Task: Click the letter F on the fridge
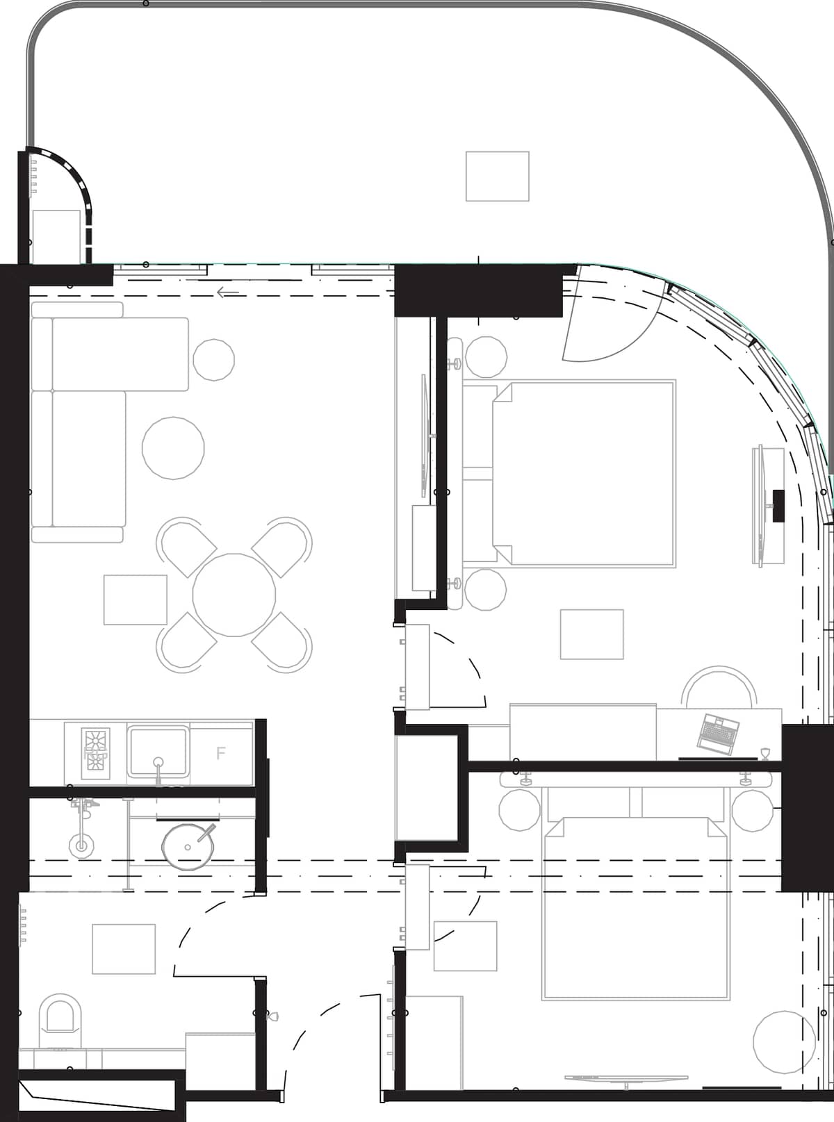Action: tap(221, 753)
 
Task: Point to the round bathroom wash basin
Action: tap(188, 847)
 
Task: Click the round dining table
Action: tap(234, 595)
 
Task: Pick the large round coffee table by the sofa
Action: tap(173, 448)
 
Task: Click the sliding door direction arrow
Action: tap(228, 292)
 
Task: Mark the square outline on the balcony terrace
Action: tap(497, 176)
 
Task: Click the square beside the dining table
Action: tap(136, 600)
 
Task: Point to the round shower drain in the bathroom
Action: tap(81, 845)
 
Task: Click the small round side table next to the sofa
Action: tap(213, 359)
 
